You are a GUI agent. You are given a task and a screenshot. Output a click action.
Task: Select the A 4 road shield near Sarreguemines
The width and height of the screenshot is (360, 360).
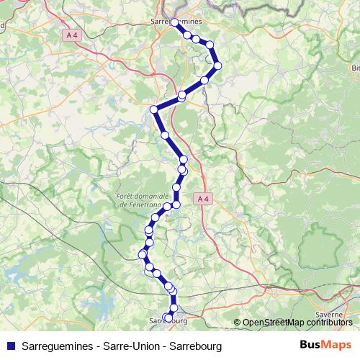coord(71,35)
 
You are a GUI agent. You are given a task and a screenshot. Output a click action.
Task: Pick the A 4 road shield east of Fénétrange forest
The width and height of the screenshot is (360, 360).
coord(203,198)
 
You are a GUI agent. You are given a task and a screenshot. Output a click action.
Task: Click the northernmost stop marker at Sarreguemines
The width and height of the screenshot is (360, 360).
coord(175,23)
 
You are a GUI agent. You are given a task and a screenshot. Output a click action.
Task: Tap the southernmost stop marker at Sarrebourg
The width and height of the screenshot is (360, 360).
coord(168,317)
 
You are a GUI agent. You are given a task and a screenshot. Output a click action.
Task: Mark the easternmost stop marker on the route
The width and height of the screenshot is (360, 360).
coord(217,66)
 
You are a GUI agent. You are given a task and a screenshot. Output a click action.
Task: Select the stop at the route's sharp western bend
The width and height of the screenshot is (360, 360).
coord(153,109)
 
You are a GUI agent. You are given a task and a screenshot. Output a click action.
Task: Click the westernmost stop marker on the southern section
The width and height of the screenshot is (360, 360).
coord(143,253)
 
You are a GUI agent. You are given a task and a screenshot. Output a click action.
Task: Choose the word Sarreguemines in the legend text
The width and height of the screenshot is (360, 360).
coord(57,346)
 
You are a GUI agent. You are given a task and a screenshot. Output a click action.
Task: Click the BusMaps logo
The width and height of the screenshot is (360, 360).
coord(325,345)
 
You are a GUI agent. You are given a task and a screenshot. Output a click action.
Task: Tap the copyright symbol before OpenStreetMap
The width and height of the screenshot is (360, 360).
coord(237,322)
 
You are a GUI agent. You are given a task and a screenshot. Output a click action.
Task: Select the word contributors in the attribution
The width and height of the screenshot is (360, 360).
coord(330,322)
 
